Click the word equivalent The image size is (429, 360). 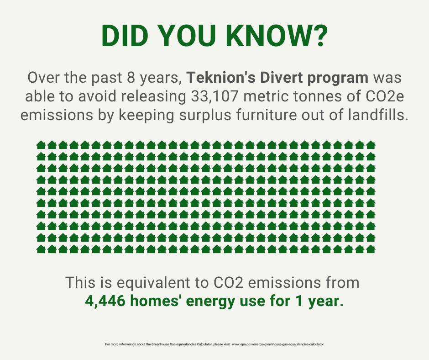[153, 282]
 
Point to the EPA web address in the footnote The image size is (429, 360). [278, 344]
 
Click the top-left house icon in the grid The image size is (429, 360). [41, 145]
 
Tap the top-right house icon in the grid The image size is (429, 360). [370, 145]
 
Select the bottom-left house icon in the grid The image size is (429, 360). [41, 249]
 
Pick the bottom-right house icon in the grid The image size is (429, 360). [370, 249]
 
